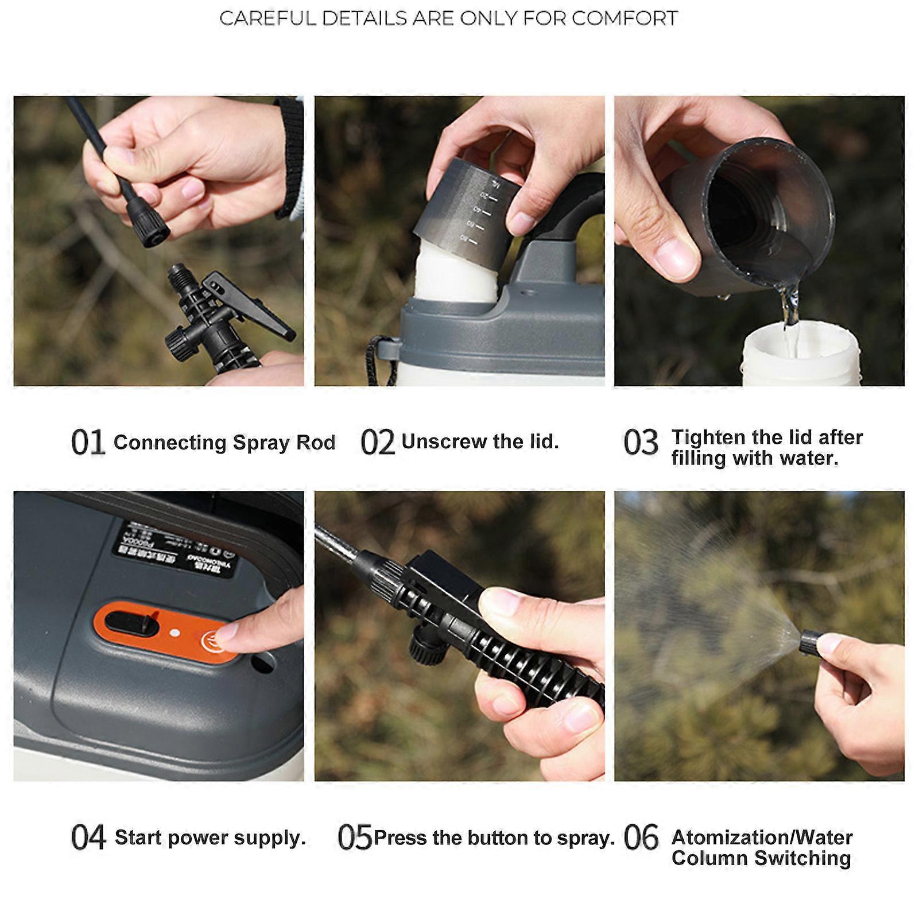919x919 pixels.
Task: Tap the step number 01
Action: [x=87, y=443]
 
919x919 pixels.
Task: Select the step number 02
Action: [x=377, y=443]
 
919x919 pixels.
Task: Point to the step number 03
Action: [x=640, y=443]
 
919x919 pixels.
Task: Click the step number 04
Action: [x=88, y=837]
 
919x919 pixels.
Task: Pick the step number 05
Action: [x=355, y=837]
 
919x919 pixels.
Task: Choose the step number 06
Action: [x=641, y=837]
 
